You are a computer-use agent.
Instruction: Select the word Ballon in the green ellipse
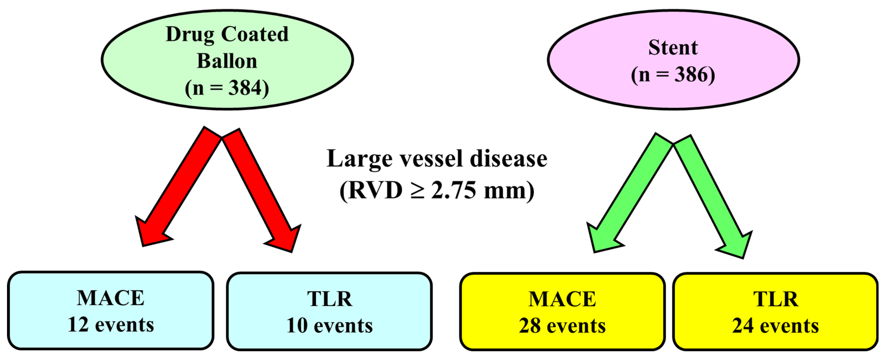click(x=227, y=61)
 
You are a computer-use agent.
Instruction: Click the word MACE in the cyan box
click(x=110, y=298)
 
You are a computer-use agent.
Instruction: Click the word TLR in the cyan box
click(x=330, y=299)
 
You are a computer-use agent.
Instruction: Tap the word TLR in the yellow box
click(x=776, y=299)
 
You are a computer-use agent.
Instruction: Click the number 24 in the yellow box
click(x=743, y=326)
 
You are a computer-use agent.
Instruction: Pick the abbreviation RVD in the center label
click(x=375, y=190)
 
